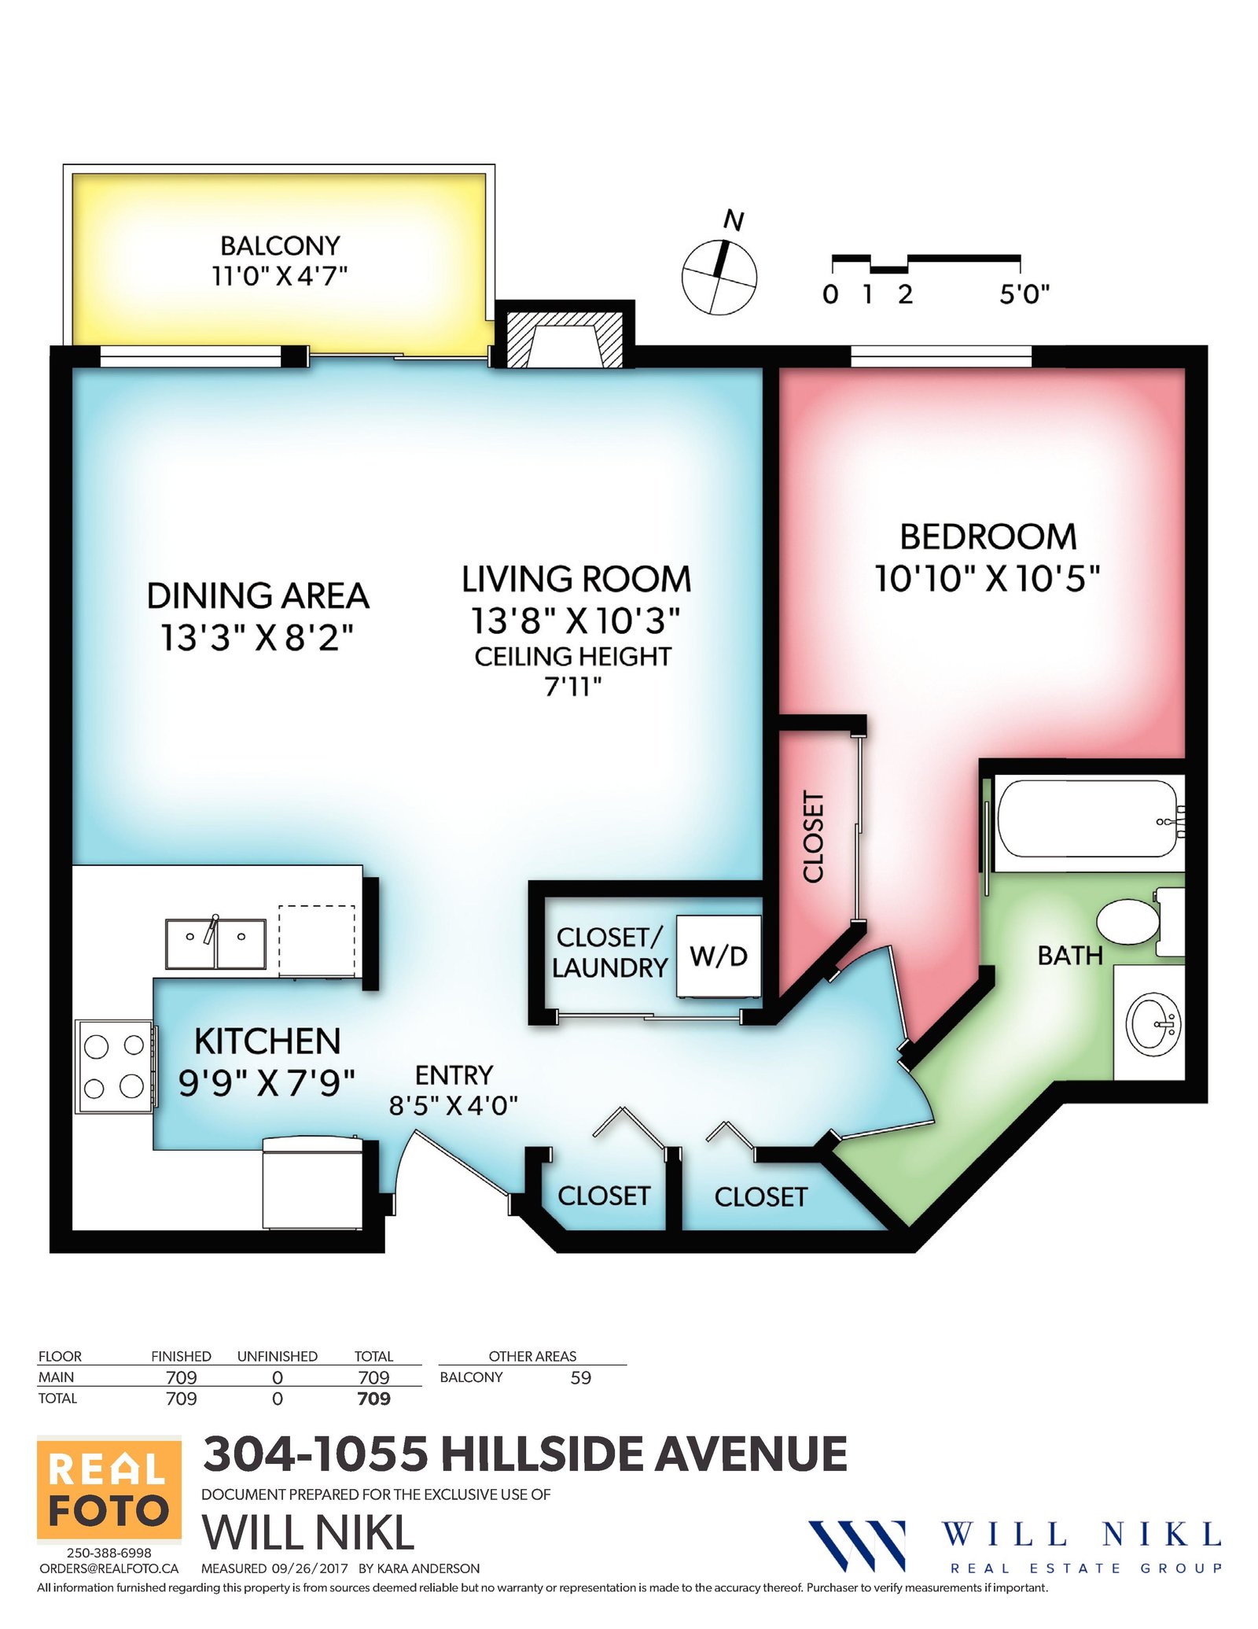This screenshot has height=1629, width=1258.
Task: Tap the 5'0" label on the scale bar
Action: click(x=1024, y=295)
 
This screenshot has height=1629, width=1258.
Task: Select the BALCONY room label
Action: click(x=280, y=246)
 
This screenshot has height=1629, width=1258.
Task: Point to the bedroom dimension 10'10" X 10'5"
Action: click(x=988, y=579)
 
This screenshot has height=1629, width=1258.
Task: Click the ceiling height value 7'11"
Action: click(x=573, y=687)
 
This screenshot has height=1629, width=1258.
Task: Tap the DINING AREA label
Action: click(x=258, y=596)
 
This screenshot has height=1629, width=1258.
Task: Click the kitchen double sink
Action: click(x=215, y=943)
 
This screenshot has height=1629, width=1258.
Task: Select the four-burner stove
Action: click(x=115, y=1067)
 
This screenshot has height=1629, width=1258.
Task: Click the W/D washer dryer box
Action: click(x=719, y=956)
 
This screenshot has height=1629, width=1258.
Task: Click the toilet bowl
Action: click(x=1128, y=923)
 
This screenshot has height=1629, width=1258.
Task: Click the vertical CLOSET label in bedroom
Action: click(x=814, y=836)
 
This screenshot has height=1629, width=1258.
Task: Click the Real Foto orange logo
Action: click(x=109, y=1491)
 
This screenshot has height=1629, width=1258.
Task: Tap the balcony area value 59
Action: click(x=581, y=1377)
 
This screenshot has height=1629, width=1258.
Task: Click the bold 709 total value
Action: click(x=373, y=1399)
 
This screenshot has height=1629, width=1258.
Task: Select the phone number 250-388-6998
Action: click(x=109, y=1553)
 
